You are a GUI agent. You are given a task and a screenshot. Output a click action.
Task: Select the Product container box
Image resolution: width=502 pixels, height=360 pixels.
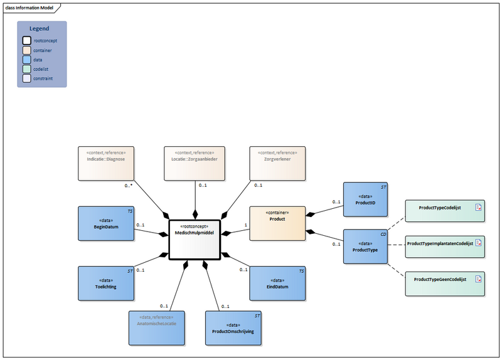(x=277, y=223)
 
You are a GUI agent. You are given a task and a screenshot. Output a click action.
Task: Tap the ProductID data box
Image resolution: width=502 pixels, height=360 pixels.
(x=365, y=199)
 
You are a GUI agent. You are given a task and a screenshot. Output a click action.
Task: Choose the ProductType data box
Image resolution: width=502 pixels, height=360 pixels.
(x=365, y=246)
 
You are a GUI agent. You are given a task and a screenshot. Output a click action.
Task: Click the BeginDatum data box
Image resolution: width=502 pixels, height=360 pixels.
(x=105, y=223)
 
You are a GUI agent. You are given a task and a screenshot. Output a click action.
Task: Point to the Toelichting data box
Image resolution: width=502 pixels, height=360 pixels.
(x=105, y=283)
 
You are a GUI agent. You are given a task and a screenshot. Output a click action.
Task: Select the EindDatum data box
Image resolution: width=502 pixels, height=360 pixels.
(x=277, y=283)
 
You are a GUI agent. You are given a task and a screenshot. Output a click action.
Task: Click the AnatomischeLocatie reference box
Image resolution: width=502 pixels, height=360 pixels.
(x=156, y=328)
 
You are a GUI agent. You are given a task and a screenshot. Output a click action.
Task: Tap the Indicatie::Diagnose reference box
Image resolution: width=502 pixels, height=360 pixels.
(x=105, y=164)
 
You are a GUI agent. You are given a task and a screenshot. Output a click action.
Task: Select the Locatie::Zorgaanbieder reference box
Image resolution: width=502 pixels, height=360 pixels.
(x=195, y=164)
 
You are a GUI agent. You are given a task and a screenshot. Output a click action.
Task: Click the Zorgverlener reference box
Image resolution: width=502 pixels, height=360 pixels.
(x=277, y=164)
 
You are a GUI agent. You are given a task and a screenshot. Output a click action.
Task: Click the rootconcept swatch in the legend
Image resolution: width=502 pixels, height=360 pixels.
(x=27, y=40)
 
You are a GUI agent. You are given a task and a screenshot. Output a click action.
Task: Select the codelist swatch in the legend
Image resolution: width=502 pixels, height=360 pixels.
(x=27, y=69)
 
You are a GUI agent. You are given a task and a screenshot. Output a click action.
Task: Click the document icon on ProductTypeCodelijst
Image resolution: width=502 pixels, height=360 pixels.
(x=478, y=207)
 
